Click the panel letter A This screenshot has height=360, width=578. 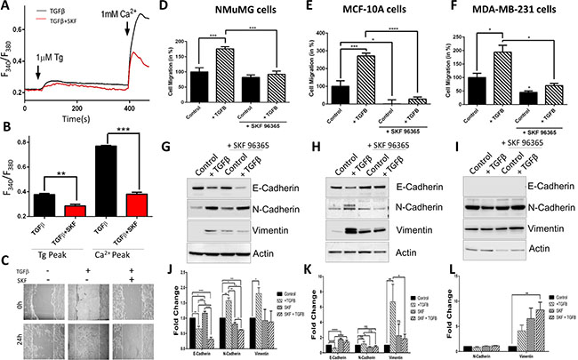click(8, 8)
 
